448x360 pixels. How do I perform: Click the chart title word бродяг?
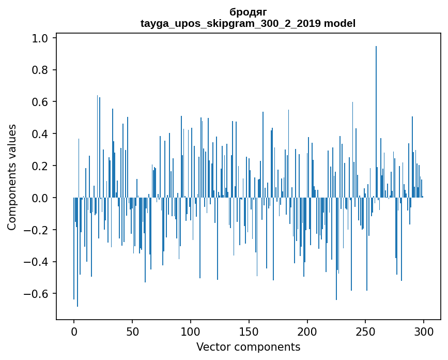point(248,12)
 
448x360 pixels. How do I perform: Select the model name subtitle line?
point(248,23)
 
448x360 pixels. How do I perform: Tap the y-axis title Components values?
point(12,177)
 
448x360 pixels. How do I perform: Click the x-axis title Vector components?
point(248,347)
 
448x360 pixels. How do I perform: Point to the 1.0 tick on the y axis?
point(40,38)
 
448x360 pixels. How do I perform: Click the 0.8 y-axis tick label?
point(40,70)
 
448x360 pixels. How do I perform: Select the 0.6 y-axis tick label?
point(40,102)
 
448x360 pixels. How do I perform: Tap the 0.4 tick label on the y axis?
point(40,134)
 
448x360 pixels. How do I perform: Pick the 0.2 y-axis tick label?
point(40,166)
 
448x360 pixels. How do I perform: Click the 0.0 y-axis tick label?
point(40,198)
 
